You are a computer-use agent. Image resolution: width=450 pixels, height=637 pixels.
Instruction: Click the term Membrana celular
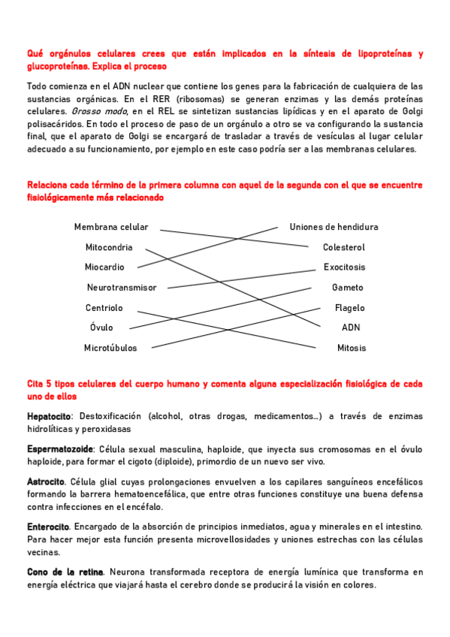[111, 227]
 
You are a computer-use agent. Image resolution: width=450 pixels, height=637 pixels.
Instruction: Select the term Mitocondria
[109, 247]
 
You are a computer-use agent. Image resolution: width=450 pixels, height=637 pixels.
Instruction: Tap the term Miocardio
[104, 267]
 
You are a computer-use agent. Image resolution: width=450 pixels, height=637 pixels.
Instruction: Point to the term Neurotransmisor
[122, 287]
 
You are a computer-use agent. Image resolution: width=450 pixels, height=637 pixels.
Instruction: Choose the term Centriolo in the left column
[104, 307]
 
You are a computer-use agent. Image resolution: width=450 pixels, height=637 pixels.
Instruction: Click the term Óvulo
[101, 328]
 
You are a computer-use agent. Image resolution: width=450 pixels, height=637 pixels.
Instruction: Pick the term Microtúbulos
[110, 348]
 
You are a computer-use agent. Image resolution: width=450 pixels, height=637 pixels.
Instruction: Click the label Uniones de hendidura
[334, 227]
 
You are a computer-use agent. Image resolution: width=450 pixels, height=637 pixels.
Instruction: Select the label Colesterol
[343, 247]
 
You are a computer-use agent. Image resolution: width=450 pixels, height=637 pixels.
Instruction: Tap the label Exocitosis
[344, 267]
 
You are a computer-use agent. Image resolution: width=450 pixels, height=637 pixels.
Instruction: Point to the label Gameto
[347, 287]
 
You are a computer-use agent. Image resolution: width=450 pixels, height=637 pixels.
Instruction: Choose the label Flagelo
[349, 307]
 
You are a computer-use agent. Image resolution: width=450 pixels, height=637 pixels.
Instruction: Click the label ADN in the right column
[351, 328]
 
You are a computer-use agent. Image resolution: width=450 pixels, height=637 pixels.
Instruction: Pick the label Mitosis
[352, 348]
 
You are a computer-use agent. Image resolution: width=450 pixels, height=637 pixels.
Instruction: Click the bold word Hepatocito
[49, 415]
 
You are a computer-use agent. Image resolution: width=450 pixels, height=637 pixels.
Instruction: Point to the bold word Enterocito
[48, 527]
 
